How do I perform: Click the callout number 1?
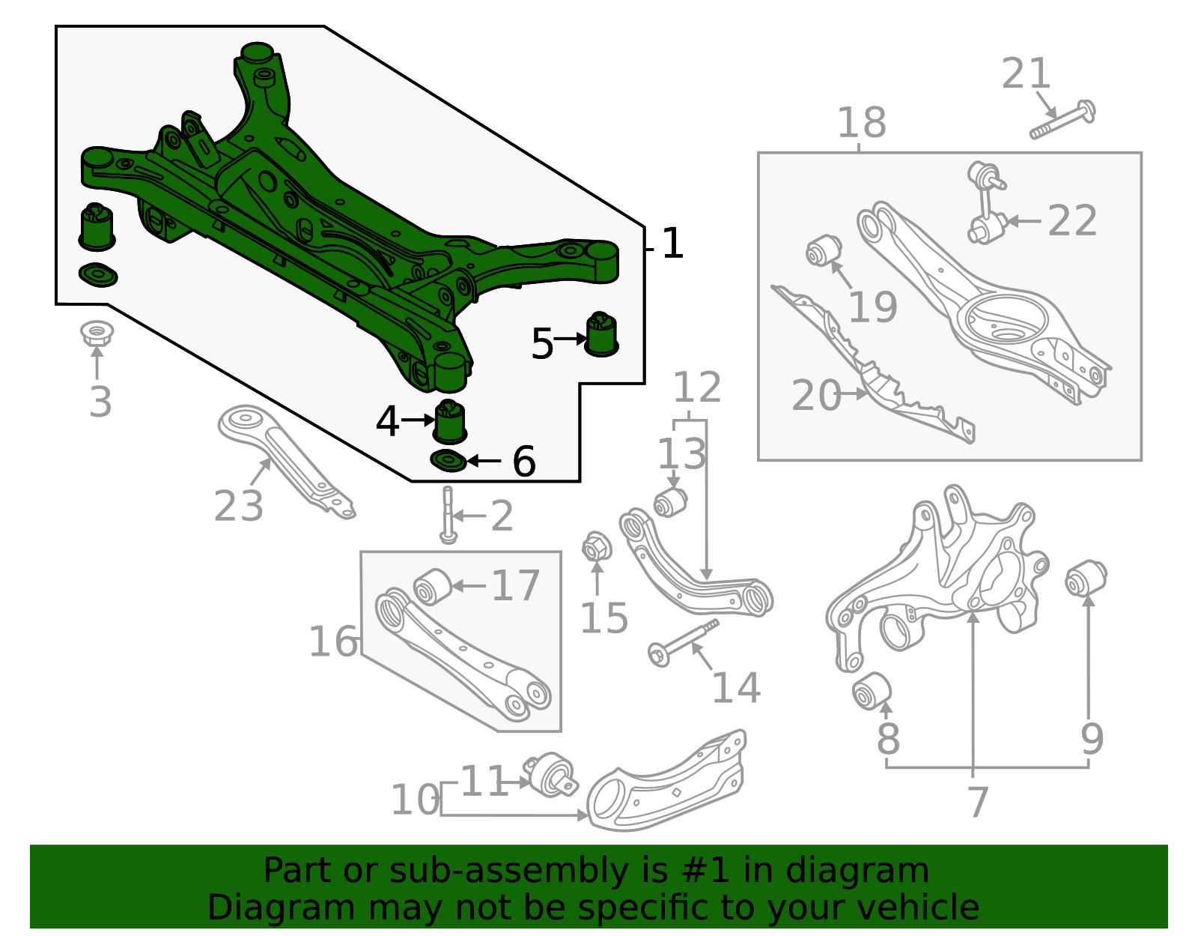click(672, 244)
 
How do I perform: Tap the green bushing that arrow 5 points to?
click(600, 334)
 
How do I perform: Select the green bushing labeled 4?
click(450, 422)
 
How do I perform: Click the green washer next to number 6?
click(449, 461)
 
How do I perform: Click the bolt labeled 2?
click(448, 515)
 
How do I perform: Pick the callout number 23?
click(238, 507)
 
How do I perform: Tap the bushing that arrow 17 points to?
click(433, 585)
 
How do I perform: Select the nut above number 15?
click(596, 548)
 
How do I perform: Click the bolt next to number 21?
click(1062, 120)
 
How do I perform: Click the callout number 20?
click(815, 396)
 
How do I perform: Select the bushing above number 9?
click(1086, 578)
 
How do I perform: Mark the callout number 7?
click(978, 803)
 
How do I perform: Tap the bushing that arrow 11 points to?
click(553, 774)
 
